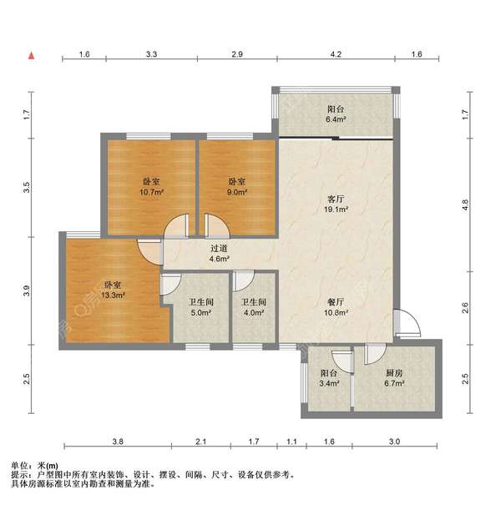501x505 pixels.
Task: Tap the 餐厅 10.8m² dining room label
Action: pos(337,307)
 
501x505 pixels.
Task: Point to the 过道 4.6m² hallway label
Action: pos(220,254)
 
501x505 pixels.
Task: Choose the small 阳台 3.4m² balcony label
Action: pos(328,379)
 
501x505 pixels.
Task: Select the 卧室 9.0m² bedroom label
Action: pos(237,186)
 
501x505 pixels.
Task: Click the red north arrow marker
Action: pos(32,56)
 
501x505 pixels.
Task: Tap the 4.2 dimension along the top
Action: pos(336,54)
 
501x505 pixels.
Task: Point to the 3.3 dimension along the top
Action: pos(150,54)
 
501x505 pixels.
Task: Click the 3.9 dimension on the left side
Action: pos(27,292)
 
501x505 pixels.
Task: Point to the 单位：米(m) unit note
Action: pos(34,465)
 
